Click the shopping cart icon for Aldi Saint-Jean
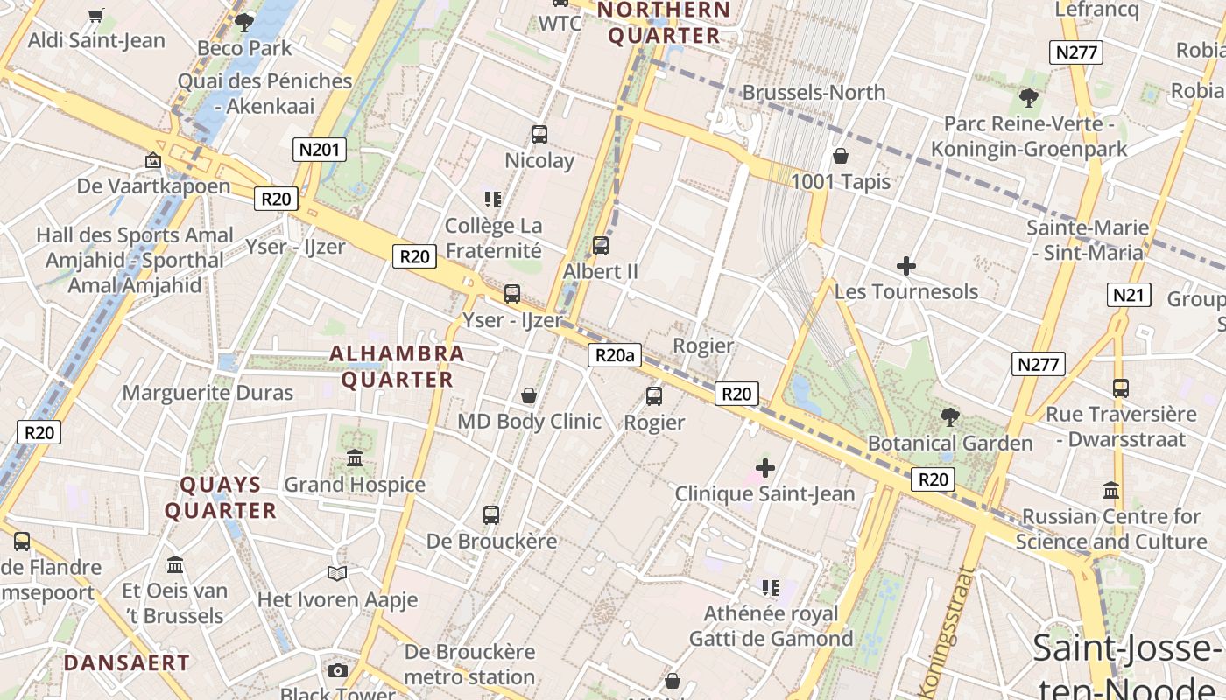click(96, 15)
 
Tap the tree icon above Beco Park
click(244, 22)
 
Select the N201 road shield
click(319, 150)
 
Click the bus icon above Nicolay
click(539, 135)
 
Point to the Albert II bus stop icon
click(601, 246)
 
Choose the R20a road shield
click(615, 354)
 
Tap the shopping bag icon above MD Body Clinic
click(529, 395)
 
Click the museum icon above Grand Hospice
click(355, 458)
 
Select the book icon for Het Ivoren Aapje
click(337, 574)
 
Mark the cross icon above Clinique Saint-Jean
click(765, 468)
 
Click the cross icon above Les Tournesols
click(906, 266)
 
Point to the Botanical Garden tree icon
click(950, 417)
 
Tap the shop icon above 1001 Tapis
click(841, 157)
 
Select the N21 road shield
click(1129, 295)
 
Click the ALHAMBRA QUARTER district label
click(397, 367)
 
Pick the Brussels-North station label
click(814, 93)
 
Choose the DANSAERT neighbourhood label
click(126, 663)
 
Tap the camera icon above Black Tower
click(338, 671)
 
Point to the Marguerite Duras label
click(208, 393)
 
